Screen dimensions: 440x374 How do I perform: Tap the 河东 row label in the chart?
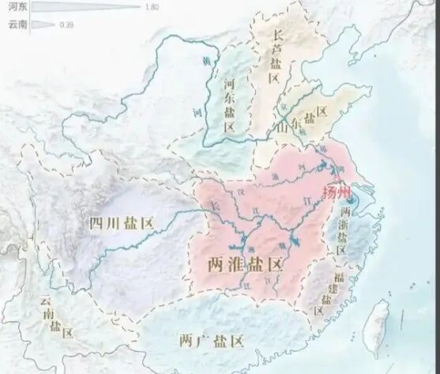(16, 7)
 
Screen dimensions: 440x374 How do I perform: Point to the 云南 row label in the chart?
(16, 25)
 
